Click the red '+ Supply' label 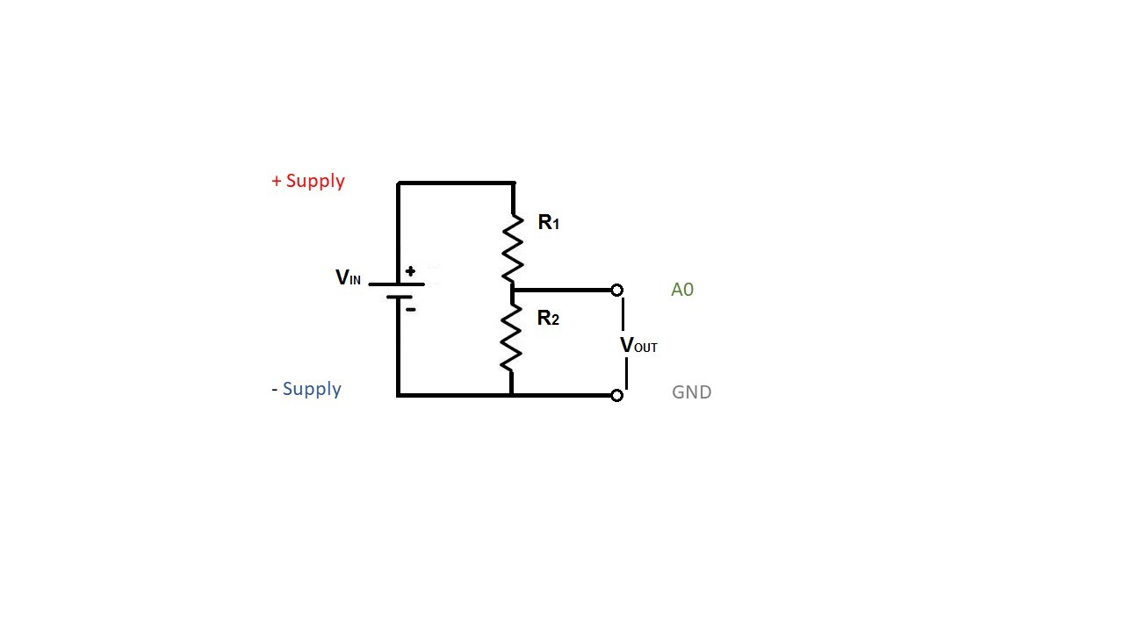pos(308,181)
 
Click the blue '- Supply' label pos(306,389)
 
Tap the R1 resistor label pos(548,223)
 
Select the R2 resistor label pos(548,319)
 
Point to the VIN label pos(348,278)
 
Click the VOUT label pos(638,346)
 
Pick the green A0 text pos(682,290)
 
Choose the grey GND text pos(691,392)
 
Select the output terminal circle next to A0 pos(616,290)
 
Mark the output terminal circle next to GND pos(616,396)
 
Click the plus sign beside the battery pos(410,271)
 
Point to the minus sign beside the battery pos(410,309)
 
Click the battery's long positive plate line pos(397,284)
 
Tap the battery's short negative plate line pos(399,298)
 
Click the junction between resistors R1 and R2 pos(512,290)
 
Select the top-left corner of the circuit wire pos(398,183)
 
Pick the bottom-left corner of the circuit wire pos(398,395)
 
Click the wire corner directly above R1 pos(514,183)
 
